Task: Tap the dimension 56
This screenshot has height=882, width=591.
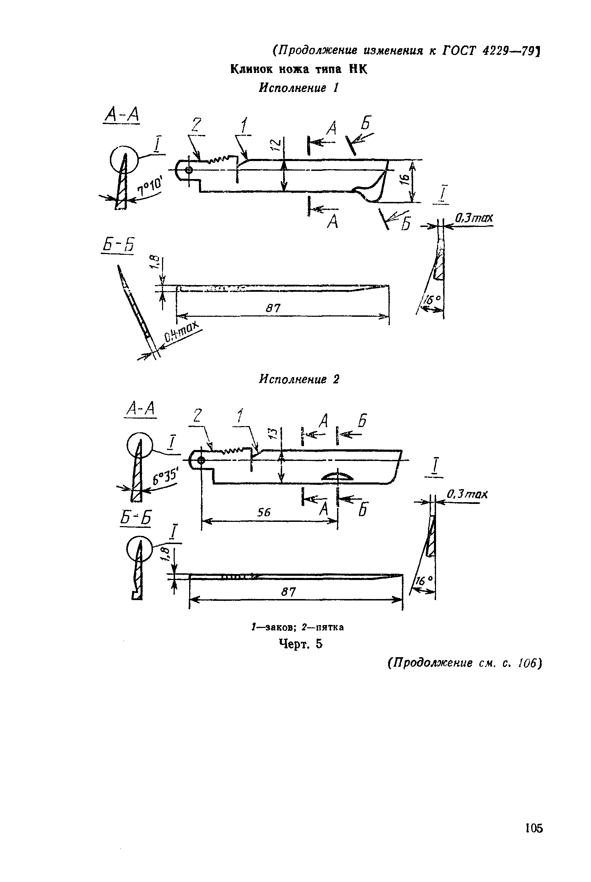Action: [264, 512]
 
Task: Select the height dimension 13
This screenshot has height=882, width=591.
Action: [274, 433]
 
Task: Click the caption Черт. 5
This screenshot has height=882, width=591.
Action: [301, 644]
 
